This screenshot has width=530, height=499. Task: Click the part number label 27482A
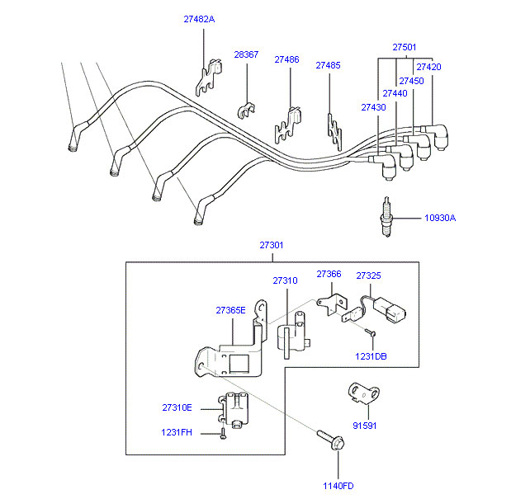pyautogui.click(x=199, y=19)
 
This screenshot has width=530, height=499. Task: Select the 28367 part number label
pyautogui.click(x=246, y=54)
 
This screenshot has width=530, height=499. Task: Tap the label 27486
pyautogui.click(x=286, y=59)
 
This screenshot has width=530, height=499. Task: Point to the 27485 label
pyautogui.click(x=328, y=65)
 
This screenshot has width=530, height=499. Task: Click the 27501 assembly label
pyautogui.click(x=405, y=47)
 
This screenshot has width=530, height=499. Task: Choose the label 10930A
pyautogui.click(x=440, y=218)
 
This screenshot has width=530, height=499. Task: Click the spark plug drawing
pyautogui.click(x=387, y=217)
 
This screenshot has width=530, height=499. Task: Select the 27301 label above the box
pyautogui.click(x=272, y=245)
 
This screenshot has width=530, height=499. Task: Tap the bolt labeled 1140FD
pyautogui.click(x=331, y=440)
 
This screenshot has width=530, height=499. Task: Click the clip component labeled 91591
pyautogui.click(x=364, y=393)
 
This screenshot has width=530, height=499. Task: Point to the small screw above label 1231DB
pyautogui.click(x=371, y=333)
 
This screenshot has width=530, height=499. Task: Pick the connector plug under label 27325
pyautogui.click(x=390, y=309)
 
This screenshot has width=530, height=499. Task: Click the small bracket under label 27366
pyautogui.click(x=332, y=304)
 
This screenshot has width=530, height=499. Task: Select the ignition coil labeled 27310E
pyautogui.click(x=233, y=410)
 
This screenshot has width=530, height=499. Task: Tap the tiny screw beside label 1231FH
pyautogui.click(x=223, y=433)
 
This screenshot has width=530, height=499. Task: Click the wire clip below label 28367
pyautogui.click(x=246, y=111)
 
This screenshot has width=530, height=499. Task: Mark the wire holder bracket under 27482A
pyautogui.click(x=209, y=78)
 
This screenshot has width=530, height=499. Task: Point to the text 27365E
pyautogui.click(x=230, y=310)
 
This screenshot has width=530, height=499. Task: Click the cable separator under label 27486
pyautogui.click(x=288, y=125)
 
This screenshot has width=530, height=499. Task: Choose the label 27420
pyautogui.click(x=428, y=67)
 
